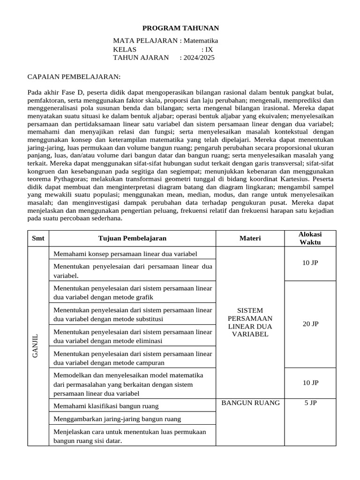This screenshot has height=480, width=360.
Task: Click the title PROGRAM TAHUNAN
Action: pyautogui.click(x=180, y=28)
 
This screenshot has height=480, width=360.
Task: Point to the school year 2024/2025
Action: pyautogui.click(x=197, y=58)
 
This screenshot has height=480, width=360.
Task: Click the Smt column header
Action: pyautogui.click(x=38, y=238)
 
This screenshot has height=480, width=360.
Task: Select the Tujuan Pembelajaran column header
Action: pyautogui.click(x=132, y=238)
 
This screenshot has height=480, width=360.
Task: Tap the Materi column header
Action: pyautogui.click(x=250, y=238)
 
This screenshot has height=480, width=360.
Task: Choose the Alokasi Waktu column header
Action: pyautogui.click(x=310, y=238)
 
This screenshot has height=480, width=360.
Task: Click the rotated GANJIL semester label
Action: pyautogui.click(x=35, y=346)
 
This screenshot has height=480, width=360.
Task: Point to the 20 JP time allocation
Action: pyautogui.click(x=310, y=324)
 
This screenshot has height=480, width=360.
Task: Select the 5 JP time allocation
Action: pyautogui.click(x=310, y=403)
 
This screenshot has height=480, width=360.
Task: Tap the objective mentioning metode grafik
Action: pyautogui.click(x=132, y=292)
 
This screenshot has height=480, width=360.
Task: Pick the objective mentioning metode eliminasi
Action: pyautogui.click(x=132, y=336)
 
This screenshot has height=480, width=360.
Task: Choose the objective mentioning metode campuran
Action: pyautogui.click(x=132, y=358)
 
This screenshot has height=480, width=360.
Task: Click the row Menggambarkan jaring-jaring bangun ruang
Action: pyautogui.click(x=117, y=419)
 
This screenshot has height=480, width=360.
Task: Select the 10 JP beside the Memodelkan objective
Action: pyautogui.click(x=310, y=382)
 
